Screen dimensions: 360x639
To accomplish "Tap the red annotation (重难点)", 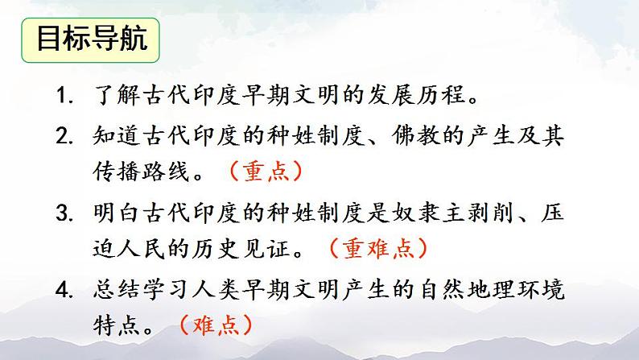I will (377, 247).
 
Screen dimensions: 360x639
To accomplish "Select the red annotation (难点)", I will (216, 323).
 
